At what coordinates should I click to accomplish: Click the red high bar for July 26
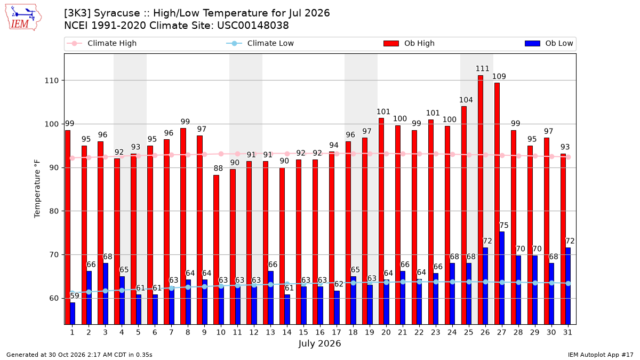[x=481, y=200]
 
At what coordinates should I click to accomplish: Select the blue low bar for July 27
[x=502, y=278]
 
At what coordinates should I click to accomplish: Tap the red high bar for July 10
[x=217, y=250]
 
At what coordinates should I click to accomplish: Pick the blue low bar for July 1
[x=73, y=314]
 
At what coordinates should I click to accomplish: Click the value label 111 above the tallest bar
[x=482, y=69]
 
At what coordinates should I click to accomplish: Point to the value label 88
[x=218, y=169]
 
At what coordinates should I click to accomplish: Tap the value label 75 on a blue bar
[x=504, y=226]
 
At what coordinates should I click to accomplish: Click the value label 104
[x=466, y=100]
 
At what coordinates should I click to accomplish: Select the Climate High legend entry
[x=102, y=43]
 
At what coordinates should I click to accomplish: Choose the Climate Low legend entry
[x=260, y=43]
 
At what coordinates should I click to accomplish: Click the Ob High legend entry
[x=409, y=43]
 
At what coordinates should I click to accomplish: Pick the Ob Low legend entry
[x=549, y=43]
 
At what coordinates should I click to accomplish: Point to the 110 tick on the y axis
[x=51, y=81]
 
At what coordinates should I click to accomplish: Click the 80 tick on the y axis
[x=54, y=211]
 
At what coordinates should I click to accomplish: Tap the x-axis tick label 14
[x=287, y=333]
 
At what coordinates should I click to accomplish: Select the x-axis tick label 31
[x=567, y=333]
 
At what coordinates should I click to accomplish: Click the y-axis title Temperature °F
[x=37, y=189]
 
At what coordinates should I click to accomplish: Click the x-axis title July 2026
[x=319, y=343]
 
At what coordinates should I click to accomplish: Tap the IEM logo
[x=23, y=18]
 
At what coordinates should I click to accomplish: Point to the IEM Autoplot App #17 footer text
[x=601, y=355]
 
